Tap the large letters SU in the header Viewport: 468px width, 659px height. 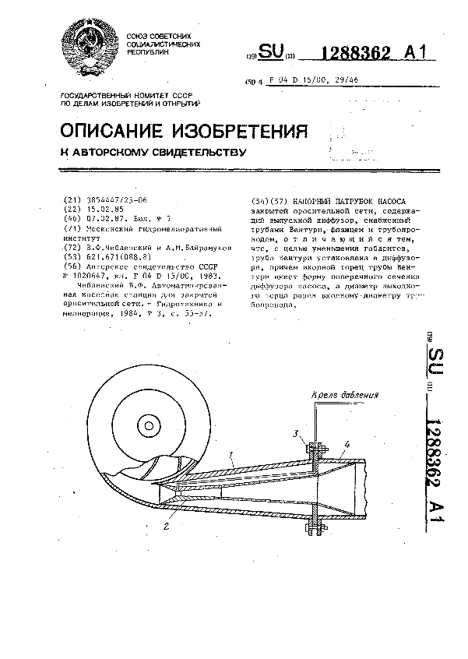pyautogui.click(x=271, y=52)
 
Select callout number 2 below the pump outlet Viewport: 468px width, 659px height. pyautogui.click(x=167, y=526)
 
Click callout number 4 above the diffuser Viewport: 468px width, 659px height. pyautogui.click(x=347, y=444)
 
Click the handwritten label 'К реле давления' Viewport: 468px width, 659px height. pyautogui.click(x=345, y=396)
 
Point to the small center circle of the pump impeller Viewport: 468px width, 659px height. pyautogui.click(x=147, y=425)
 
